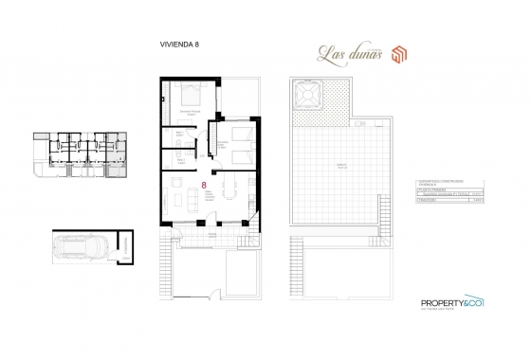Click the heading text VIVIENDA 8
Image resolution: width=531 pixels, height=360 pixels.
(179, 45)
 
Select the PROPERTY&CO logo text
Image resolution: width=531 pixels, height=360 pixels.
(450, 303)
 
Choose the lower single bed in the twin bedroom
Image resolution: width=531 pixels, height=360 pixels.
(241, 154)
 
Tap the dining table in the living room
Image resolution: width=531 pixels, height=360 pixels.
(228, 190)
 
